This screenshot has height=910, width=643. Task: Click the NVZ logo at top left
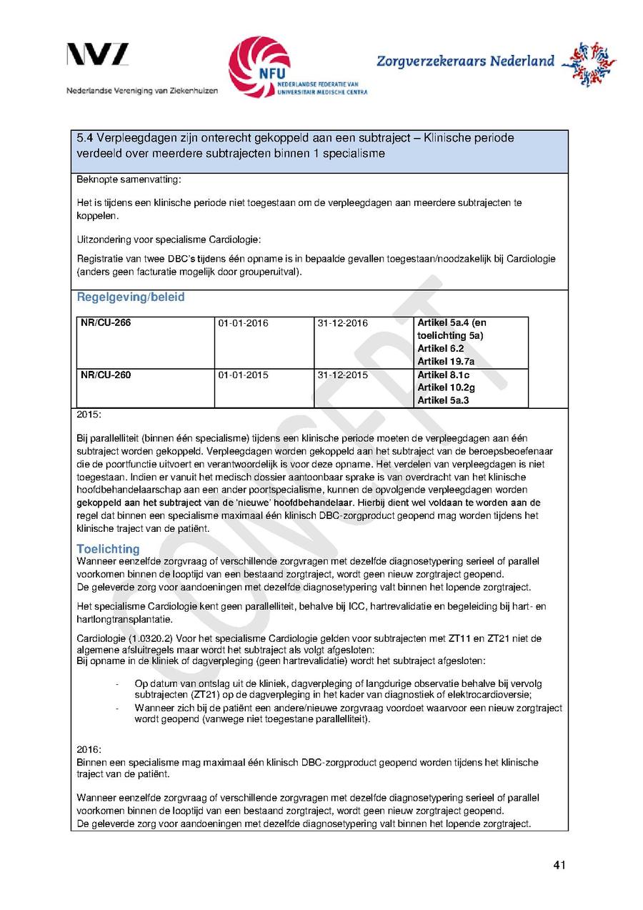(x=98, y=56)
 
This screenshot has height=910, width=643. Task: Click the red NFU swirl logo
(x=259, y=66)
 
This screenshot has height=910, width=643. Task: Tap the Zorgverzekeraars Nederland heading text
(x=465, y=61)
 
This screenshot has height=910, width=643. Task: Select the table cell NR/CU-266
(x=106, y=323)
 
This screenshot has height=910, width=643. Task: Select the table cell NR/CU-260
(x=106, y=375)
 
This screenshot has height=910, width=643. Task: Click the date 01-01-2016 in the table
(x=243, y=323)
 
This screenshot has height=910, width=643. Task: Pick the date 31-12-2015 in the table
(x=342, y=375)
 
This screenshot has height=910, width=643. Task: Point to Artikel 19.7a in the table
(x=446, y=362)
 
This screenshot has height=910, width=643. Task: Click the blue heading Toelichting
(x=108, y=549)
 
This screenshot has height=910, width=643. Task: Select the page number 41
(x=559, y=866)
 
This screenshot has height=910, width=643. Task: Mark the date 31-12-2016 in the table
(x=342, y=323)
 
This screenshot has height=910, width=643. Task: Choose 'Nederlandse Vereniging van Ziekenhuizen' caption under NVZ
(x=142, y=91)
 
